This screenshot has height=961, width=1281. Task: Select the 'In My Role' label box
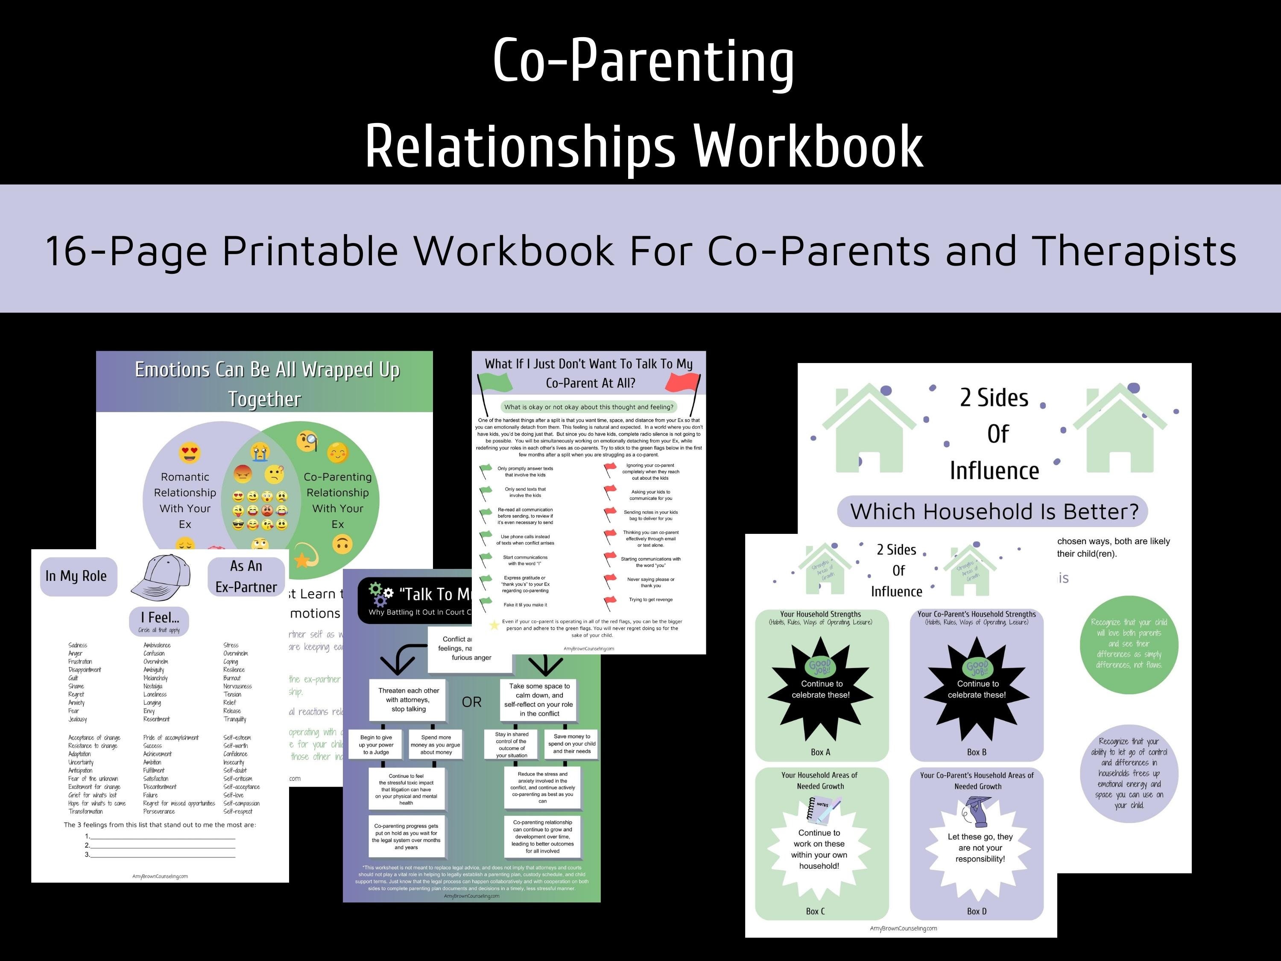pyautogui.click(x=76, y=576)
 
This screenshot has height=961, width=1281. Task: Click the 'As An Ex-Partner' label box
pyautogui.click(x=246, y=576)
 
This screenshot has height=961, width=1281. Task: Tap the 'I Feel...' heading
pyautogui.click(x=160, y=618)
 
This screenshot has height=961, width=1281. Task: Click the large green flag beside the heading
pyautogui.click(x=495, y=382)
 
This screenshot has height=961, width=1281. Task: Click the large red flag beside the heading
pyautogui.click(x=683, y=382)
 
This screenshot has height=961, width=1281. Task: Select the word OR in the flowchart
pyautogui.click(x=471, y=702)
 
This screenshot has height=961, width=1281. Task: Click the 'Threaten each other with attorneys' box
pyautogui.click(x=409, y=700)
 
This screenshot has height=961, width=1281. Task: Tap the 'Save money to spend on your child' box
pyautogui.click(x=572, y=744)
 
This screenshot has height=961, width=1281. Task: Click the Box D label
pyautogui.click(x=977, y=911)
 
